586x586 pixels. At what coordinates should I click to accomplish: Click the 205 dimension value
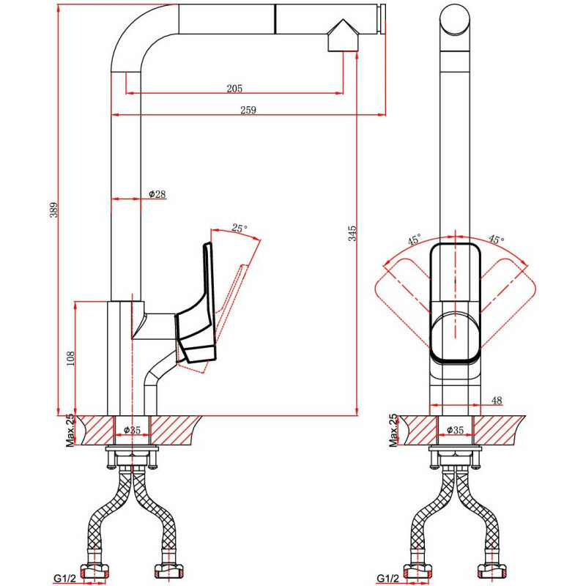pos(234,89)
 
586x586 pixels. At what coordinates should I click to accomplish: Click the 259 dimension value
pos(248,110)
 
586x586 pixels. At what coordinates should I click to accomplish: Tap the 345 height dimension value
pos(352,234)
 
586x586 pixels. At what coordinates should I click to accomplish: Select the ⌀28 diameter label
pos(157,194)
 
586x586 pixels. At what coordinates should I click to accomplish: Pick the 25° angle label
pos(239,229)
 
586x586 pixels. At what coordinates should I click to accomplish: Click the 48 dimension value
pos(497,400)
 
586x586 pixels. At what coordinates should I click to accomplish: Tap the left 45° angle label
pos(415,240)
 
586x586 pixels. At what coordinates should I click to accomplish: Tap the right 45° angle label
pos(496,240)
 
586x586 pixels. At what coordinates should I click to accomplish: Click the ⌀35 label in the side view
pos(132,429)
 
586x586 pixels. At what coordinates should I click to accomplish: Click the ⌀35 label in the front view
pos(455,429)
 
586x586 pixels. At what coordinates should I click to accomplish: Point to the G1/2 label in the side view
pos(66,578)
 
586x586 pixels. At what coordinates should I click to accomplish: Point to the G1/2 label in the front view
pos(388,578)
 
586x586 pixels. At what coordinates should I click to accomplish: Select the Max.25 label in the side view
pos(70,430)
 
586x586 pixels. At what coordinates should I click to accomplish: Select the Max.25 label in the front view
pos(393,430)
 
